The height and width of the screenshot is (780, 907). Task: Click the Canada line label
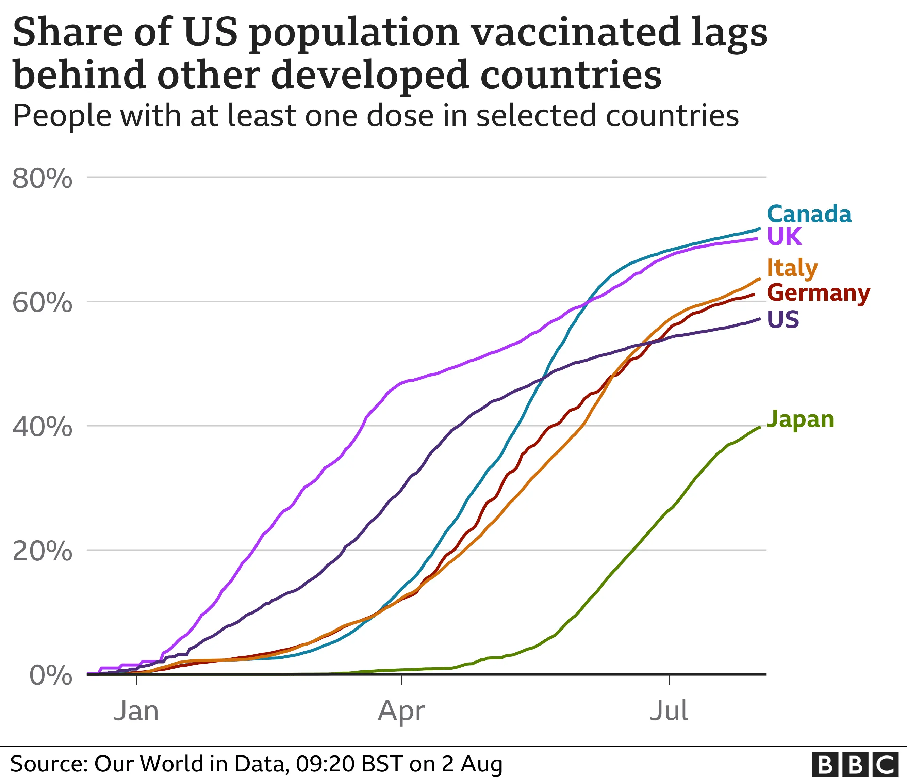click(x=809, y=214)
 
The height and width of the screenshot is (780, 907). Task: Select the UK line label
click(x=784, y=237)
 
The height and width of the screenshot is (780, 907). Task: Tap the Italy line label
click(x=792, y=268)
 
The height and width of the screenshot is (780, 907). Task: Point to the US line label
click(x=783, y=319)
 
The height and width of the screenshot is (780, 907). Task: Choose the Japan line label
click(x=800, y=419)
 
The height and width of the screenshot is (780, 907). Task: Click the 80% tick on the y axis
click(x=43, y=178)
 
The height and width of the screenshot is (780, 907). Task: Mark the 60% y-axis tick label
click(x=43, y=302)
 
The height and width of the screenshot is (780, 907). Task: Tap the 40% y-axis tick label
click(x=43, y=427)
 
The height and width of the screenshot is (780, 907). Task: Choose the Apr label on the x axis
click(x=401, y=711)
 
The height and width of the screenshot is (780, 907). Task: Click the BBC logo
click(x=854, y=765)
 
